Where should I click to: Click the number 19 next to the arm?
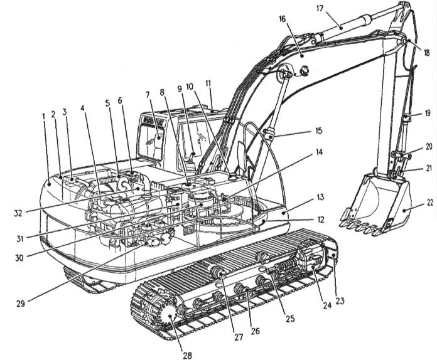[427, 114]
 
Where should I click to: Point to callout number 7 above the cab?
[149, 95]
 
